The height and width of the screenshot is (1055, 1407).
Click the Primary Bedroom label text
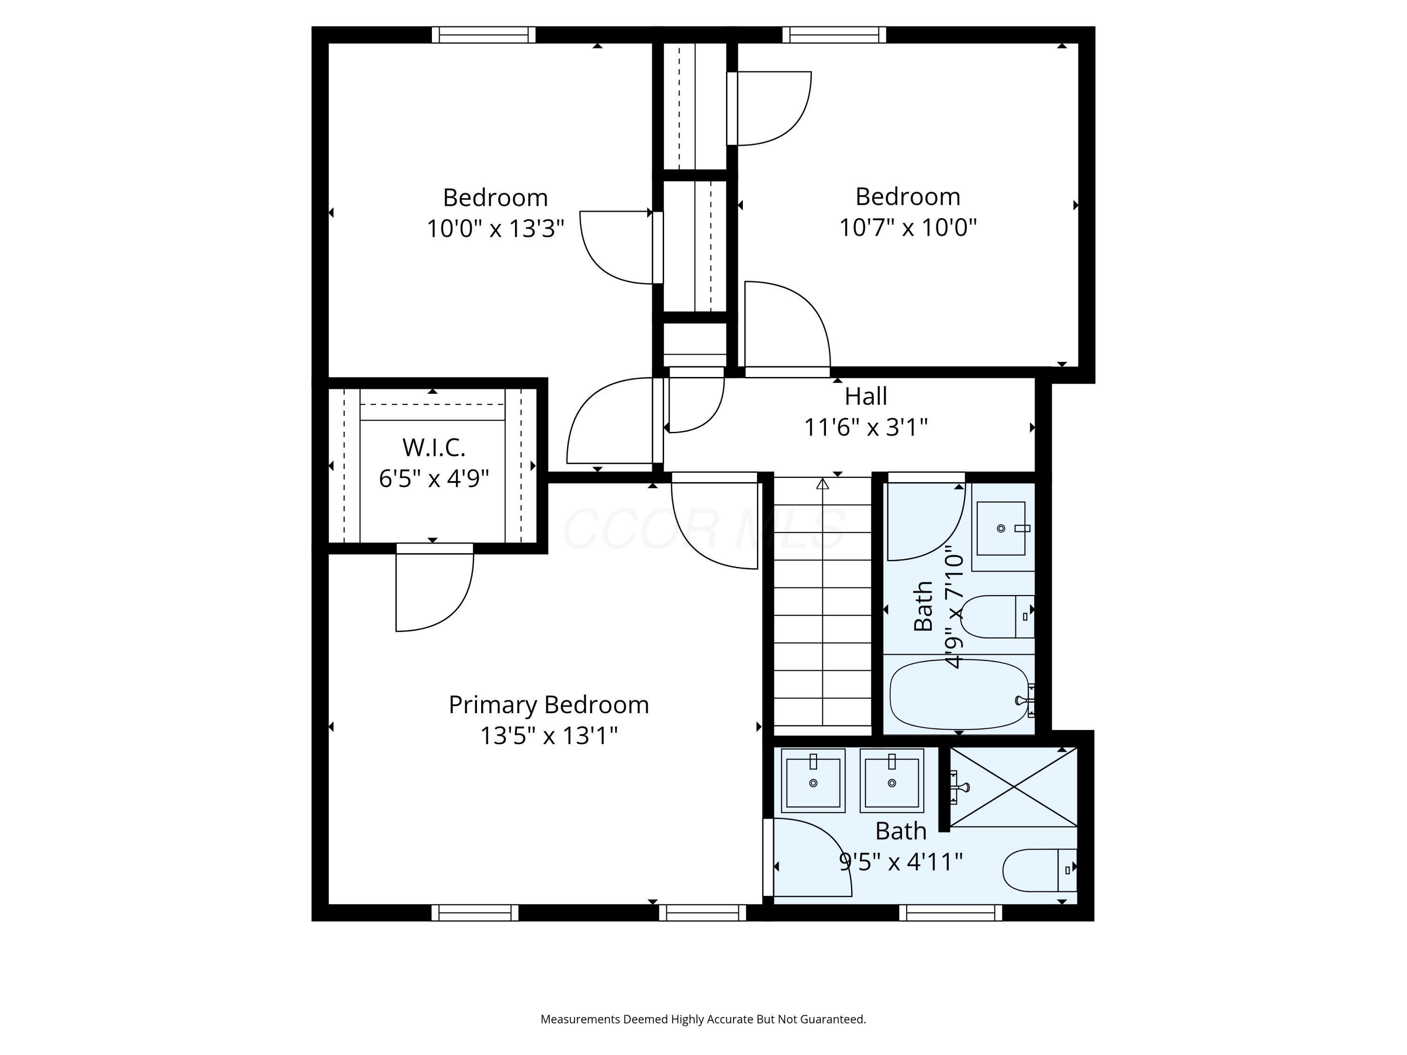tap(548, 705)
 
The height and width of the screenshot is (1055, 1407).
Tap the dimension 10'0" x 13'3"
tap(495, 228)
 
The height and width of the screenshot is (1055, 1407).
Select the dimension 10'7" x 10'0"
tap(907, 227)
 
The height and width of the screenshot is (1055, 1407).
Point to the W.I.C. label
tap(434, 448)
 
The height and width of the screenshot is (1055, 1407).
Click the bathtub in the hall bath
tap(959, 695)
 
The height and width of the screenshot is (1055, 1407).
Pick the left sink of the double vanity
tap(813, 781)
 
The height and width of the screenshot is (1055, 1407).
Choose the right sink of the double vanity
tap(892, 781)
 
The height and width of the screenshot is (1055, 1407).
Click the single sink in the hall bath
tap(1002, 528)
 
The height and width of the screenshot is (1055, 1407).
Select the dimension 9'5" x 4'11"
tap(900, 862)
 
